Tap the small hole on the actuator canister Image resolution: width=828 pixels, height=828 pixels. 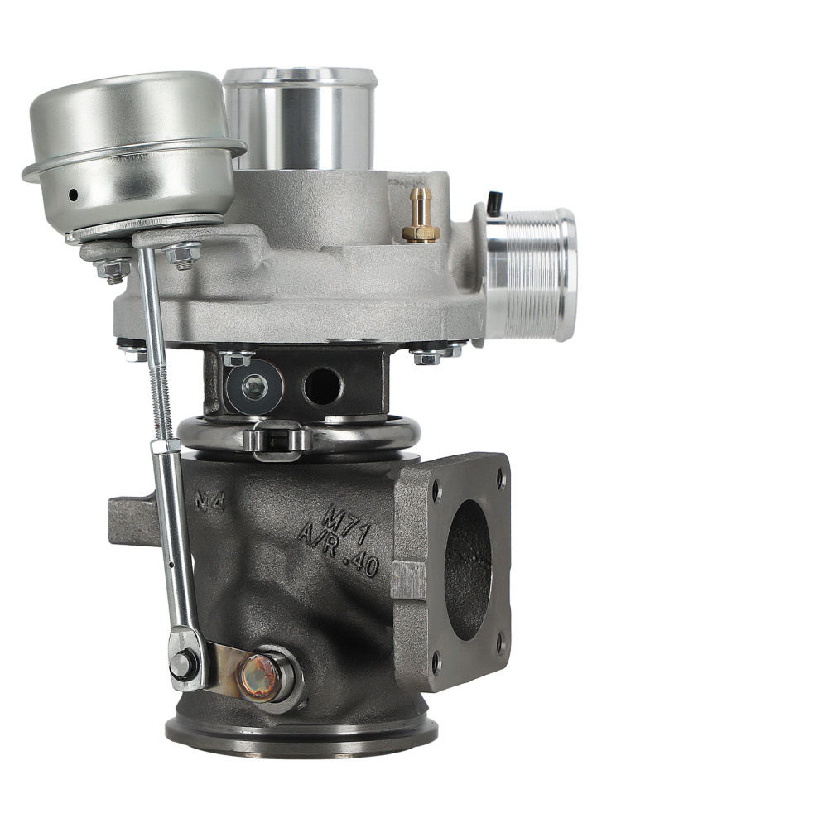coord(73,195)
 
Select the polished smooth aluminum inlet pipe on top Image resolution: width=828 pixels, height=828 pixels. coord(299,120)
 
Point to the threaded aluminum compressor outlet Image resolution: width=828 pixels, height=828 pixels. coord(531,273)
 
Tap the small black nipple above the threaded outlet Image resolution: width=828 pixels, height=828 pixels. coord(494,202)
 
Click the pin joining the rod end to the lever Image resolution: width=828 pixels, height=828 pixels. coord(184,662)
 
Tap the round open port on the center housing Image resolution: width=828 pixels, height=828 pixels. coord(322,386)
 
